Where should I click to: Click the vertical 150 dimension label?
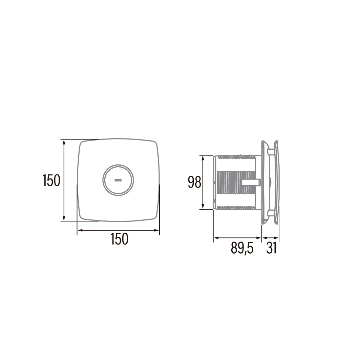click(51, 180)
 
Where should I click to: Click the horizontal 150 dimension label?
click(120, 239)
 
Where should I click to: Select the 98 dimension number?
click(194, 182)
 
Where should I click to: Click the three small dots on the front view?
click(118, 180)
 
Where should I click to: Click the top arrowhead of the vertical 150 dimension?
click(64, 142)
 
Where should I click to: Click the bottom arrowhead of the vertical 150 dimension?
click(64, 218)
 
